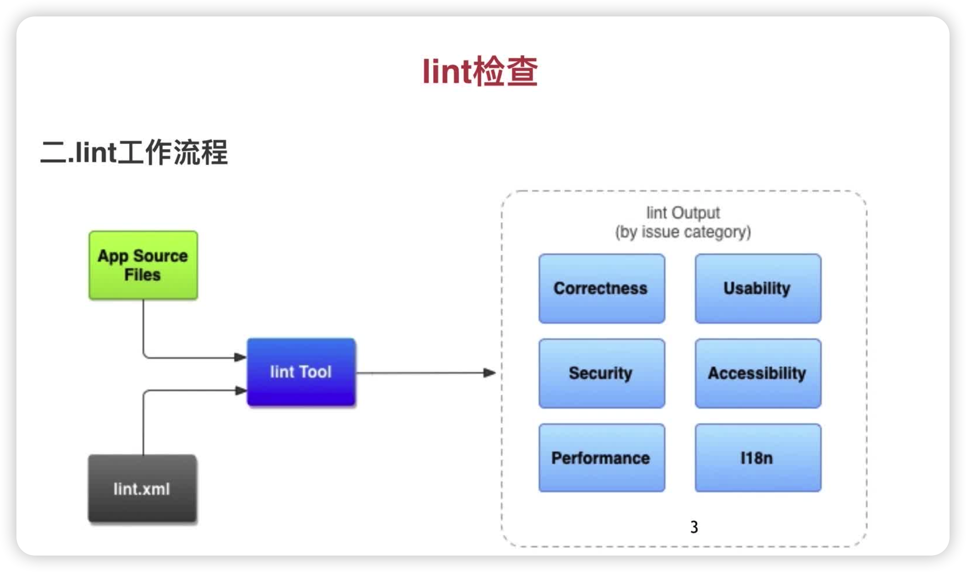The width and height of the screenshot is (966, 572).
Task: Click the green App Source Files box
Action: (x=143, y=265)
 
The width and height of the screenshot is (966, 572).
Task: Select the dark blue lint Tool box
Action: (x=301, y=372)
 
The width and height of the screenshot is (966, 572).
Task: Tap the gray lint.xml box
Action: (x=142, y=488)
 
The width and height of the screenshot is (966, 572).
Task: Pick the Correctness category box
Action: (x=602, y=289)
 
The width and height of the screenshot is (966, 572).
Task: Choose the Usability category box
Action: (x=758, y=289)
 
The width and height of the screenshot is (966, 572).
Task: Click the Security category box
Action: (x=602, y=373)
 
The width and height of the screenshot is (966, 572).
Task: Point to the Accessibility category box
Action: (x=758, y=373)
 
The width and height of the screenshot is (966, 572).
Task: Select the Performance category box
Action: (x=602, y=458)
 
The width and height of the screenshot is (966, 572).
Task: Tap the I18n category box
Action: (x=758, y=458)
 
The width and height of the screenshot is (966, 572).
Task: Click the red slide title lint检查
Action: (x=480, y=72)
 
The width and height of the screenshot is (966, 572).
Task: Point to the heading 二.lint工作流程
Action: (x=134, y=152)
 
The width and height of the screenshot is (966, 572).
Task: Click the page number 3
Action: (x=694, y=527)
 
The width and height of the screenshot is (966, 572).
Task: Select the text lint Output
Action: (x=683, y=213)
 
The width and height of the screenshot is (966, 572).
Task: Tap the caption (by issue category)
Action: (x=683, y=232)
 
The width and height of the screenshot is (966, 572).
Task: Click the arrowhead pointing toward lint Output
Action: (x=489, y=373)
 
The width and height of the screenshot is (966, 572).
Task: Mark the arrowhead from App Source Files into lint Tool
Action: (x=240, y=357)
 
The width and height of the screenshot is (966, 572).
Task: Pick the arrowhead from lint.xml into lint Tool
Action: (x=241, y=391)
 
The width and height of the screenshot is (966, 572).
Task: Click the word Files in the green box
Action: (x=142, y=275)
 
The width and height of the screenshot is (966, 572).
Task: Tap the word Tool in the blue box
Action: (x=315, y=372)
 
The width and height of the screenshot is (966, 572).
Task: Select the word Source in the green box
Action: (x=160, y=256)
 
